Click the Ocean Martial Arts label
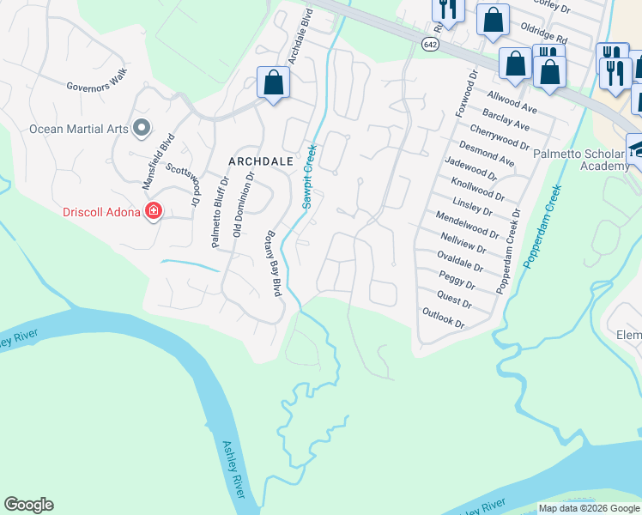78,130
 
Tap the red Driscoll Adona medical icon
154,211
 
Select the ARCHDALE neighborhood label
260,161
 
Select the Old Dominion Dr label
244,204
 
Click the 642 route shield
429,43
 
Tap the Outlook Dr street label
443,319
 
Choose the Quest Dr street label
454,300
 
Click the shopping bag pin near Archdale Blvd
273,83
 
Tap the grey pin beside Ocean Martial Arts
142,129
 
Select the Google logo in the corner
29,505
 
